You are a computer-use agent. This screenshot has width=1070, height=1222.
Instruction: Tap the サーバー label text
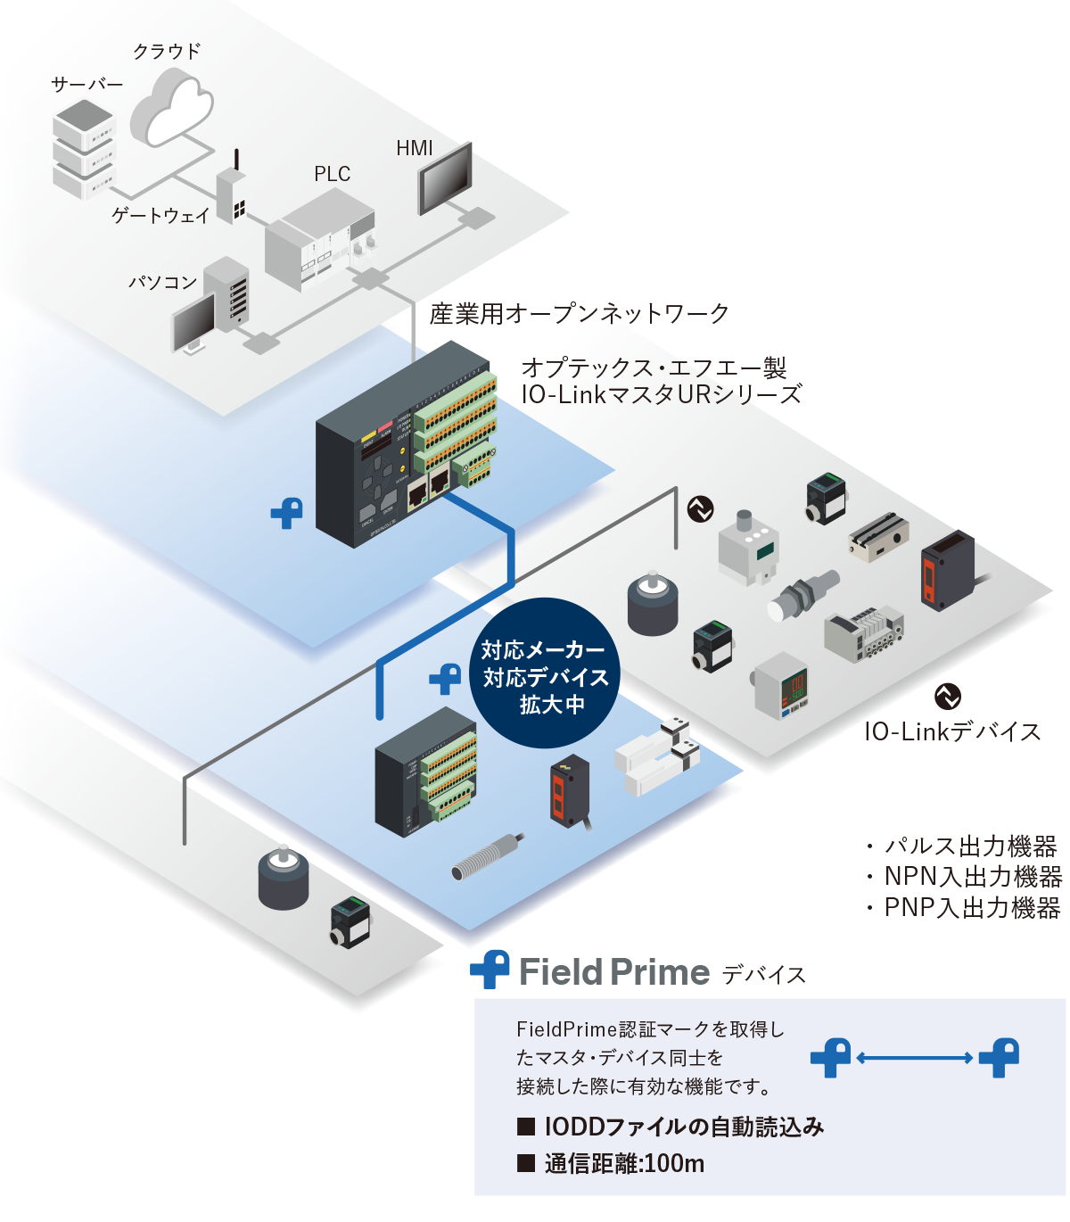click(x=86, y=85)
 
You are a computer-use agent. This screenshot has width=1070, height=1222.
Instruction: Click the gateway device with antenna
click(x=233, y=193)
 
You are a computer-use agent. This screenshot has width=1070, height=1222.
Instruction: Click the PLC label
click(x=332, y=174)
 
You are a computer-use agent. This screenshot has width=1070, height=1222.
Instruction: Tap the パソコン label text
click(x=162, y=283)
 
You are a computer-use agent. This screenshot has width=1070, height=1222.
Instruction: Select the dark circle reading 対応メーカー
click(x=544, y=673)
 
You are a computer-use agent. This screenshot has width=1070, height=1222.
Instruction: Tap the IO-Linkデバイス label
click(x=952, y=732)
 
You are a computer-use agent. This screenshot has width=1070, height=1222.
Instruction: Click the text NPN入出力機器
click(x=972, y=878)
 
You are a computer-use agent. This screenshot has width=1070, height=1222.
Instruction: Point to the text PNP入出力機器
click(x=972, y=908)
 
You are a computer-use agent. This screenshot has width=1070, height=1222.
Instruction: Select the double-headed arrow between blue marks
click(x=914, y=1058)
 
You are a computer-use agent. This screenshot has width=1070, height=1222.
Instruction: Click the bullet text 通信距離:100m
click(x=624, y=1164)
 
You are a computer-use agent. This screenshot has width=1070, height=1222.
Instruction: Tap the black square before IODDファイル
click(x=526, y=1127)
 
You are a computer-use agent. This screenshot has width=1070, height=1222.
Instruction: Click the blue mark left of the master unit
click(x=287, y=514)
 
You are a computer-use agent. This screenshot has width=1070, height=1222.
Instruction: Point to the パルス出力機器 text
click(x=970, y=846)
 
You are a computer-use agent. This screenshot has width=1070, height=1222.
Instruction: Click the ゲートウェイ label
click(x=160, y=216)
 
